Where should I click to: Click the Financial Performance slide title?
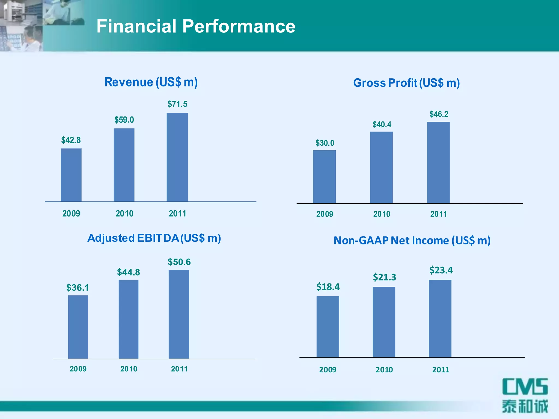196,26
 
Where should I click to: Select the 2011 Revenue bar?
177,157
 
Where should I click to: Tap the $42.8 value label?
71,140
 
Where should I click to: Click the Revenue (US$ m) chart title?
151,82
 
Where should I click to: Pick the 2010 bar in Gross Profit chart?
381,167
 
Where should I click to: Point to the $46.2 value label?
439,114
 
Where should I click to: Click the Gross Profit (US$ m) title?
406,83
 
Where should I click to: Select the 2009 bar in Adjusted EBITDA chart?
78,327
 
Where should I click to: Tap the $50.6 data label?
179,262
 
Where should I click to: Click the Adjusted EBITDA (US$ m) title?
154,238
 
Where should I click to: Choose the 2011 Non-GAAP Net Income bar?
440,318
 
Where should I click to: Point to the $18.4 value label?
328,287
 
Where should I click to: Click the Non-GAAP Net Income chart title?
412,241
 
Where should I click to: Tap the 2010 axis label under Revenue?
124,213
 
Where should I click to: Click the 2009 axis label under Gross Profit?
325,214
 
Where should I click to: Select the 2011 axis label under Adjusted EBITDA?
179,369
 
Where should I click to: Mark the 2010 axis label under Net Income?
384,370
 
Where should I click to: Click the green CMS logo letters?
525,387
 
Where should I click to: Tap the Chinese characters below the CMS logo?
525,406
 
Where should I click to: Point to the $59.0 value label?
124,120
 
